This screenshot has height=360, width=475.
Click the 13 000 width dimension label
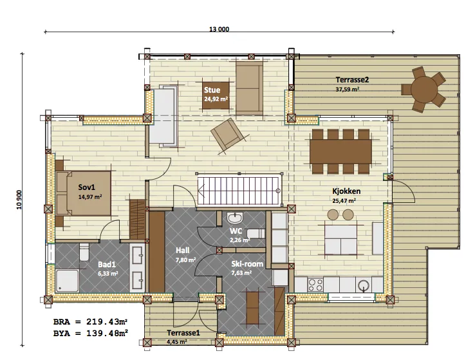click(219, 29)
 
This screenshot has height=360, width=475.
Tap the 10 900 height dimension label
click(19, 200)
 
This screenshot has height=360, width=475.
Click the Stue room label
click(212, 90)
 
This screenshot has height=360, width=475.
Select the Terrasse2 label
click(352, 80)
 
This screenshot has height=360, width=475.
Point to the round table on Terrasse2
click(424, 90)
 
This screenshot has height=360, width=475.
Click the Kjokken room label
click(346, 191)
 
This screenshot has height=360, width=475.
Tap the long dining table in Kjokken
click(340, 151)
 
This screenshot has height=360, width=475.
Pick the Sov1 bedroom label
click(87, 187)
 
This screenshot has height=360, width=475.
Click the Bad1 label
click(107, 265)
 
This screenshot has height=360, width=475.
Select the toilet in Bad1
click(84, 252)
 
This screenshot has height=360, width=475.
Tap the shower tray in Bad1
click(67, 281)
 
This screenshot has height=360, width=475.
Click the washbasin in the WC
click(235, 218)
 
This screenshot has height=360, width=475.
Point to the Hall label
click(182, 251)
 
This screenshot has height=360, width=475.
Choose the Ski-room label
click(247, 264)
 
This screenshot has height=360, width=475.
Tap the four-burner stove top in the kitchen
click(315, 285)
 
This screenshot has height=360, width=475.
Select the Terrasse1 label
click(183, 333)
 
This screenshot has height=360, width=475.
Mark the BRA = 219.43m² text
click(90, 321)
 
